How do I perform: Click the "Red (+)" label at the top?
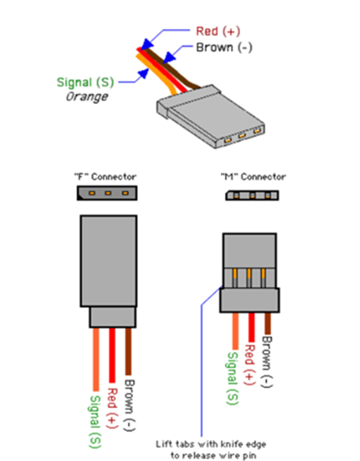217,32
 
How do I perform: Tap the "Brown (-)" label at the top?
224,48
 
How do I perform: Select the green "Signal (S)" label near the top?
85,82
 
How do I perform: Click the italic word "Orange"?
86,97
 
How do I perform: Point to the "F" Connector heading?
105,177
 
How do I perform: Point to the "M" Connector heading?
253,177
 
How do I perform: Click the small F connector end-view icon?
107,193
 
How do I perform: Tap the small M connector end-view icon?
252,195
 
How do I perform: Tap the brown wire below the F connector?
128,351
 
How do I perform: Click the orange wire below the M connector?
235,331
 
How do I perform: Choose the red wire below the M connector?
251,327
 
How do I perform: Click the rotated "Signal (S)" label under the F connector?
96,421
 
